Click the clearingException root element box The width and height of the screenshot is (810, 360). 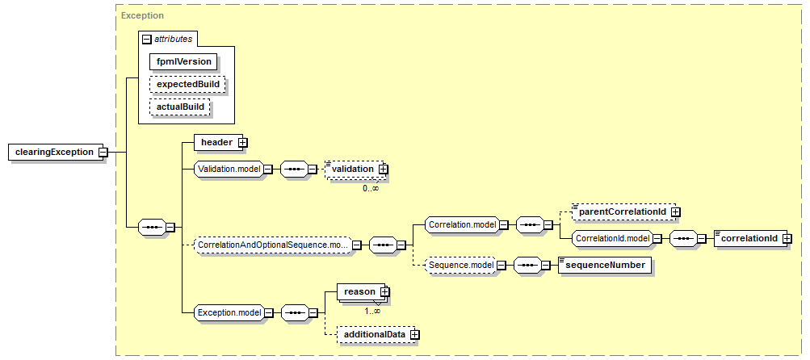coord(56,153)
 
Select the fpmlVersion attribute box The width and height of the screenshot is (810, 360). coord(184,62)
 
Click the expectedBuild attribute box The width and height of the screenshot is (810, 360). coord(187,84)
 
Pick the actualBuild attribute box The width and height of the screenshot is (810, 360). coord(180,107)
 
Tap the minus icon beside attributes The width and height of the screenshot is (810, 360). coord(147,40)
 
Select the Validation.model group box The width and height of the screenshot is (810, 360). coord(229,169)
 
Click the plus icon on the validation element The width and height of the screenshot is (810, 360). coord(382,169)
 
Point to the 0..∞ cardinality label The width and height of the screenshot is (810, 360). coord(371,189)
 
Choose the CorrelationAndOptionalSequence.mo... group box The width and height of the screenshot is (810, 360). coord(273,245)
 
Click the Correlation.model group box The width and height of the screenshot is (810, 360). coord(461,224)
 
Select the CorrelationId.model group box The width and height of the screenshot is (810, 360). coord(612,239)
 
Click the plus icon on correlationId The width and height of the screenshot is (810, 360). coord(787,239)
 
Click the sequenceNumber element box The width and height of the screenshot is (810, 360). coord(605,265)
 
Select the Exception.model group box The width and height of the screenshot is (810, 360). coord(229,312)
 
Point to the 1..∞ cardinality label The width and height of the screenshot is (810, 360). coord(371,312)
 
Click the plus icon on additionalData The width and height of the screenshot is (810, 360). coord(413,335)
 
